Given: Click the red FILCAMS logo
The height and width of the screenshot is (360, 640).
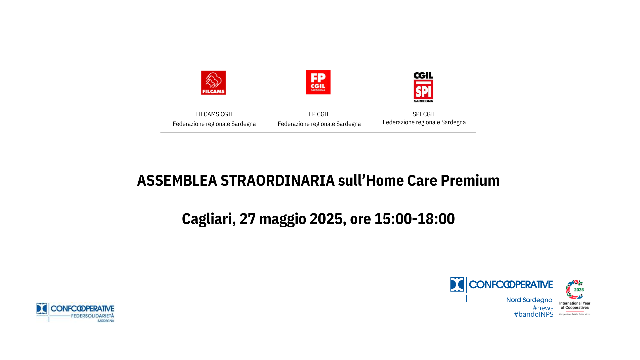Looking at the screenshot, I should (x=213, y=83).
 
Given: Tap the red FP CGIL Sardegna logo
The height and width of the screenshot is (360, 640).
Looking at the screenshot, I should (x=318, y=82).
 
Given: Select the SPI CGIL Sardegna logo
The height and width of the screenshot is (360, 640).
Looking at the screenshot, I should (x=423, y=87).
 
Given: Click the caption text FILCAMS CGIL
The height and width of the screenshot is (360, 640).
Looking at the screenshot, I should (x=214, y=114).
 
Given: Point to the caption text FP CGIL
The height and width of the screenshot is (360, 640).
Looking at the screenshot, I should (x=319, y=114).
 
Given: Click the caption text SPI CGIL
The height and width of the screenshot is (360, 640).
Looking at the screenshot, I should (x=424, y=114).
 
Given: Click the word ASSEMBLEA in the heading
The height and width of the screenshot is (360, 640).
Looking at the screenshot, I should (x=177, y=181).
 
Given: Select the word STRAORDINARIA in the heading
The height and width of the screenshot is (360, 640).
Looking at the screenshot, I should (x=277, y=181).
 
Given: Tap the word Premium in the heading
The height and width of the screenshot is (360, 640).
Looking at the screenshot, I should (x=470, y=181).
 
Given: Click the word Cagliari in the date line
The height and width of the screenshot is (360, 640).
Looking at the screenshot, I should (x=207, y=219).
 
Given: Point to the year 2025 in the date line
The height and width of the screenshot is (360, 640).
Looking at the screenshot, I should (x=326, y=219).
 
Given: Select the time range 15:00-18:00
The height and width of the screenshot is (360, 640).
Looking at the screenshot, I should (x=414, y=219).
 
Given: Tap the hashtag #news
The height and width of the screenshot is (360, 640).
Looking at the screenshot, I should (x=543, y=308).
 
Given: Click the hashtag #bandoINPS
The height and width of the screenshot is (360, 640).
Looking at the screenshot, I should (x=533, y=314).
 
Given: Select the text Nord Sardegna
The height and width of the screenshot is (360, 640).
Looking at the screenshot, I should (x=529, y=300).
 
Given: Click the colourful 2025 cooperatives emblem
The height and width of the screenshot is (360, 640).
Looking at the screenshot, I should (x=575, y=289).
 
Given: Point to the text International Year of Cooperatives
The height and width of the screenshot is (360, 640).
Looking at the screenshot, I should (x=575, y=305).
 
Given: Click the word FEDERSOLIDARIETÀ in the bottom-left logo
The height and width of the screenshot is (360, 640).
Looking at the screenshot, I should (x=92, y=316).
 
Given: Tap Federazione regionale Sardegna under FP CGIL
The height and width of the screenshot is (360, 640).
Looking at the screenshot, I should (x=319, y=124).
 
